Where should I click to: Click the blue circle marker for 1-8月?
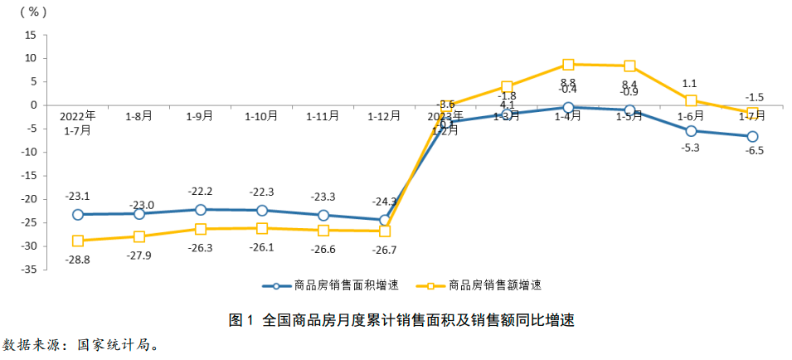click(x=139, y=213)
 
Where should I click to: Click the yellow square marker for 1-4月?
click(x=568, y=65)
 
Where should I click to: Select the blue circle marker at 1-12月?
click(x=385, y=221)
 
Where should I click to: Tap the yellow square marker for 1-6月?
click(x=691, y=100)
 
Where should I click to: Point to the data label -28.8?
click(x=77, y=259)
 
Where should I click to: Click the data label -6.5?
click(x=753, y=151)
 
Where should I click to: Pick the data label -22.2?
click(x=200, y=192)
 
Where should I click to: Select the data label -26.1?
click(x=261, y=247)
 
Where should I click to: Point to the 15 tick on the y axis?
click(x=32, y=35)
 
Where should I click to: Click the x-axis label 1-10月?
click(x=261, y=117)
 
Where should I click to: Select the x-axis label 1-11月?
click(x=323, y=117)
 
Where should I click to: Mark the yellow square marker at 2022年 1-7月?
click(x=78, y=241)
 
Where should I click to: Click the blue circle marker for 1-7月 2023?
click(x=752, y=136)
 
